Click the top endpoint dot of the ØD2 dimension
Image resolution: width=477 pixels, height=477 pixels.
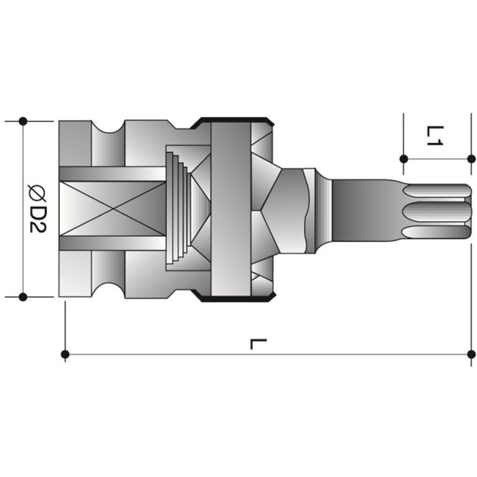[22, 121]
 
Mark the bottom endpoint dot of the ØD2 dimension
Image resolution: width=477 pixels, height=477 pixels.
[22, 296]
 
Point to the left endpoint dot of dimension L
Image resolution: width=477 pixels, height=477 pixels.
[65, 354]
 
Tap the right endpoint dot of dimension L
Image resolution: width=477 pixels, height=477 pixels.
[471, 354]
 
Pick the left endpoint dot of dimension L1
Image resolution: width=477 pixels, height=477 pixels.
[403, 159]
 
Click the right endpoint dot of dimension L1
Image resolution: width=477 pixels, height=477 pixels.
[471, 159]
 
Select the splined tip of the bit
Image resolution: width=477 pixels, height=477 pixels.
[436, 209]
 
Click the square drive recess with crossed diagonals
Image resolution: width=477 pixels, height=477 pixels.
[112, 209]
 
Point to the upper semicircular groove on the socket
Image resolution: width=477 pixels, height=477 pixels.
[108, 127]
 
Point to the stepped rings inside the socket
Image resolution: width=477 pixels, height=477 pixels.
[179, 209]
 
